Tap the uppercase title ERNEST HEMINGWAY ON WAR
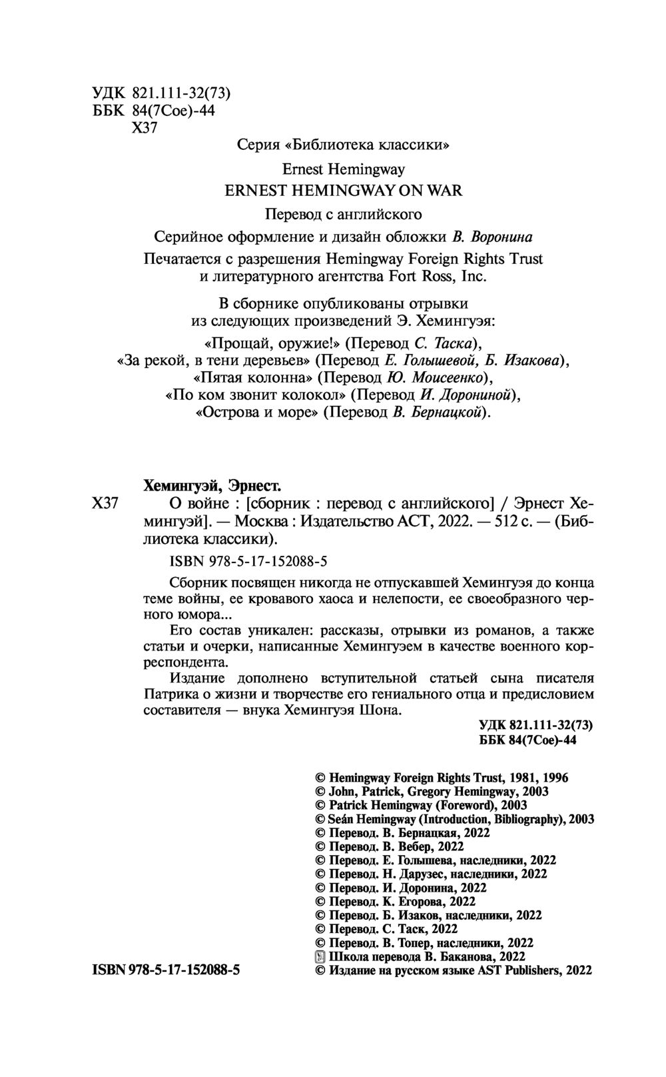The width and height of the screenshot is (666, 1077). click(x=343, y=190)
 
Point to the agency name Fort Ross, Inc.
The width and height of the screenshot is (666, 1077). click(x=434, y=276)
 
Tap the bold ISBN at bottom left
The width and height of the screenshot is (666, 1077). click(x=165, y=971)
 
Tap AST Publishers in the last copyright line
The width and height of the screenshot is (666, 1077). click(x=518, y=971)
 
